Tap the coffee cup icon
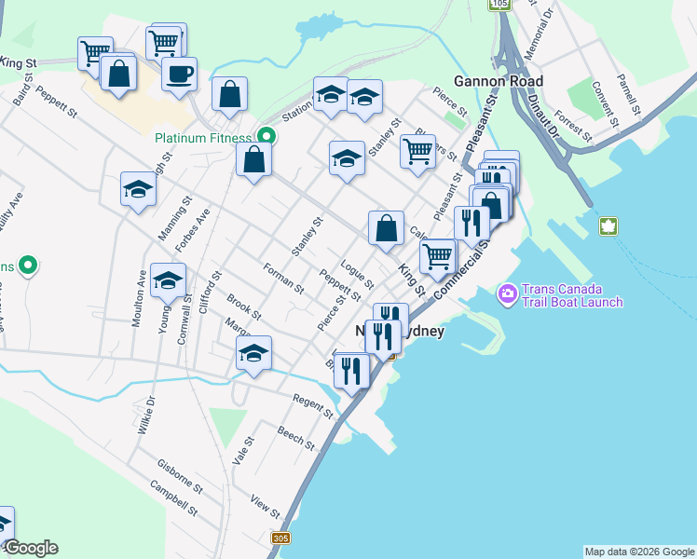point(179,73)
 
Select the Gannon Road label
point(498,81)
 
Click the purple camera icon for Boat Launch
point(508,294)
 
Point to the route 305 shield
point(280,539)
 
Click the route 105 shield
point(501,4)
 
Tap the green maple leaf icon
point(608,225)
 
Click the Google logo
point(31,548)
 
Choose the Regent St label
point(313,405)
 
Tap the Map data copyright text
point(639,552)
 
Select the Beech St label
point(296,438)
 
